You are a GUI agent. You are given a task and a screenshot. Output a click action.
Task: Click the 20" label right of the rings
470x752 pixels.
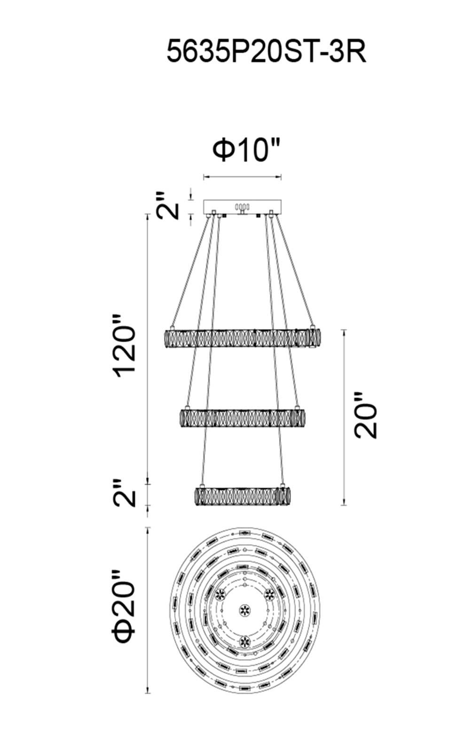(x=366, y=415)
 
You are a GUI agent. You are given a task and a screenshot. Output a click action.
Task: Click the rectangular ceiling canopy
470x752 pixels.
(x=243, y=207)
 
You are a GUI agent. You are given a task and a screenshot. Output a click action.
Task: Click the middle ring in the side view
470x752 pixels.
(x=243, y=418)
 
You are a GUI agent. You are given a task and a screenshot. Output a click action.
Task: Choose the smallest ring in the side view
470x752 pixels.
(x=243, y=497)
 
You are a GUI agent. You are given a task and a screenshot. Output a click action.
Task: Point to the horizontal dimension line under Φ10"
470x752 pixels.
(x=243, y=176)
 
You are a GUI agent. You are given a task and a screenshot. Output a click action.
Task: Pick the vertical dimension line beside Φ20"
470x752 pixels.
(x=147, y=611)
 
